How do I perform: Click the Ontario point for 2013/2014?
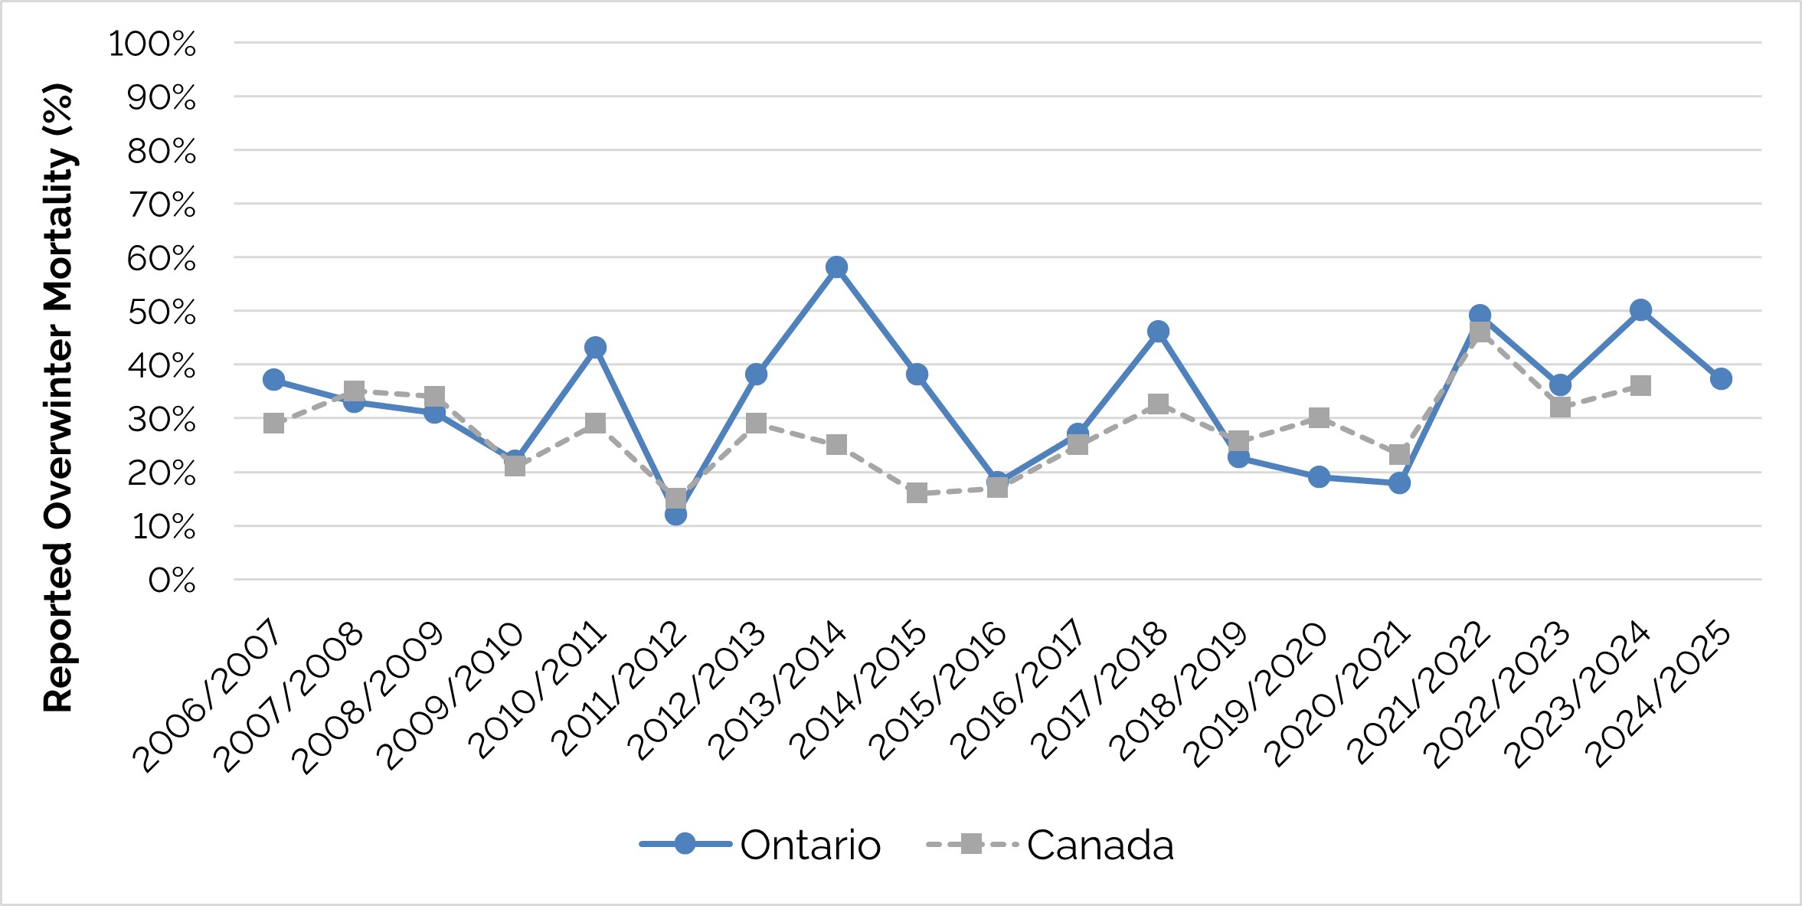pos(836,267)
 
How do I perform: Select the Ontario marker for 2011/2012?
pos(675,515)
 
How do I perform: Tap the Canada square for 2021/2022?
pos(1480,332)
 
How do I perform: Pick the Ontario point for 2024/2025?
pos(1721,378)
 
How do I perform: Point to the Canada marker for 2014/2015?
pos(917,492)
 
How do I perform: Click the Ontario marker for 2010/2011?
pos(595,348)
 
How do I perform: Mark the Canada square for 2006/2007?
pos(273,423)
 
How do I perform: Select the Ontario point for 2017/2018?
pos(1158,332)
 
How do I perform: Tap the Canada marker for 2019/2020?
pos(1319,417)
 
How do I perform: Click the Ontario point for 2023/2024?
pos(1640,310)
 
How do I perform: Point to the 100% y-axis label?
pos(152,44)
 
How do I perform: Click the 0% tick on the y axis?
pos(172,581)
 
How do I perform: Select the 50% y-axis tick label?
pos(162,312)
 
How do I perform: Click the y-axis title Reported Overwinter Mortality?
pos(58,398)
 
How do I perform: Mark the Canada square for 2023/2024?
pos(1640,385)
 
